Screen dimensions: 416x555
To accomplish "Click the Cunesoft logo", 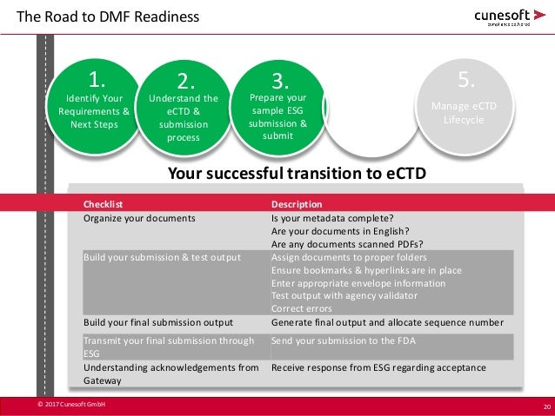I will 510,17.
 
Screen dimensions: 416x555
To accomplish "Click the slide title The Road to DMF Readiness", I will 108,17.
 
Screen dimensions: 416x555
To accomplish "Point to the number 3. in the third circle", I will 279,82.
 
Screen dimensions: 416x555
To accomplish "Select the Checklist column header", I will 103,203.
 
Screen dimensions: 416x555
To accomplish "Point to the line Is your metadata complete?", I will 332,219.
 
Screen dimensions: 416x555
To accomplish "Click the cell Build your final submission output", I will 158,322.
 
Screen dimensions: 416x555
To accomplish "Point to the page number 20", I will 545,406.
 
